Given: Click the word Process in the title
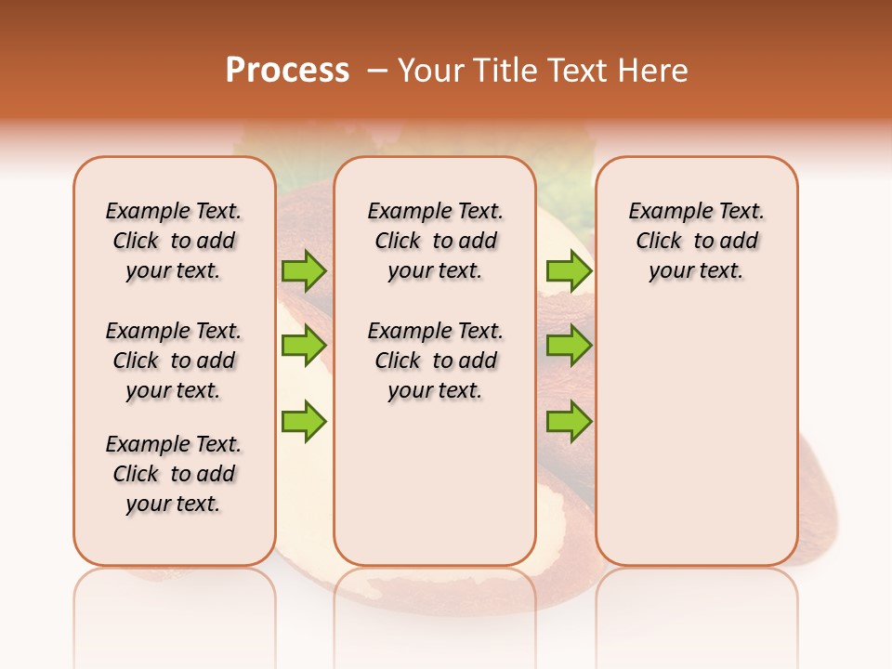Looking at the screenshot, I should pyautogui.click(x=287, y=70).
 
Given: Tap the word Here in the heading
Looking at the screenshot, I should pyautogui.click(x=654, y=71).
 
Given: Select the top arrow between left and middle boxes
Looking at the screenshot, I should pyautogui.click(x=304, y=271).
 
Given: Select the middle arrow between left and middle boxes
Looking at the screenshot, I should pyautogui.click(x=304, y=346).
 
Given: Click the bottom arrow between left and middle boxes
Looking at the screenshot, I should pyautogui.click(x=304, y=422).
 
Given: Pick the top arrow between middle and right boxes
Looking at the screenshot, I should pyautogui.click(x=569, y=271).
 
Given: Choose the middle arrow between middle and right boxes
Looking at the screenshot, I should pyautogui.click(x=569, y=346).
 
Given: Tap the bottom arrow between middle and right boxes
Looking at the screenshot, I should pyautogui.click(x=569, y=422).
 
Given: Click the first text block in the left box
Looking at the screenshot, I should pyautogui.click(x=174, y=241).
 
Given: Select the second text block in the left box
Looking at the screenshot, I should pyautogui.click(x=174, y=361).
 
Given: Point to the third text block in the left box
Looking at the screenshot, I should pyautogui.click(x=174, y=474).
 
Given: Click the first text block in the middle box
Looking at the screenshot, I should pyautogui.click(x=435, y=241).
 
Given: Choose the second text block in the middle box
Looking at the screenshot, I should pyautogui.click(x=435, y=361).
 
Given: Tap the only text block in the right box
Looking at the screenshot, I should pyautogui.click(x=696, y=241).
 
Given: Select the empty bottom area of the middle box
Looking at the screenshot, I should pyautogui.click(x=435, y=492).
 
